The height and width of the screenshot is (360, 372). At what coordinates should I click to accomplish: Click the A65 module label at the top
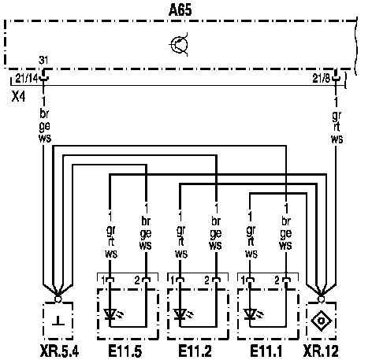(x=180, y=10)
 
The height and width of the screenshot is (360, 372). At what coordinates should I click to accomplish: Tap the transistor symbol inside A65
(x=180, y=45)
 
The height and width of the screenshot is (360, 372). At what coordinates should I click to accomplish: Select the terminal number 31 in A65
(x=43, y=61)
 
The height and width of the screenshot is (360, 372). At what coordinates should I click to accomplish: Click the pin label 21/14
(x=27, y=79)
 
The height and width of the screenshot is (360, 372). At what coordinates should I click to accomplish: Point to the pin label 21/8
(x=321, y=78)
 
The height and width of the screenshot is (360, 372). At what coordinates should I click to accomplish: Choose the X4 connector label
(x=18, y=97)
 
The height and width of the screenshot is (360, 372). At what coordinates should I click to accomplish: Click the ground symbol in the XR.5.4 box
(x=58, y=321)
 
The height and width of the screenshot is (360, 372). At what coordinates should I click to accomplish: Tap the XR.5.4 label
(x=60, y=351)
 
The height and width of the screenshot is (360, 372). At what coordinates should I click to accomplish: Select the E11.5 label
(x=125, y=351)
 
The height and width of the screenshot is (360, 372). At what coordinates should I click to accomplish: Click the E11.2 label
(x=195, y=351)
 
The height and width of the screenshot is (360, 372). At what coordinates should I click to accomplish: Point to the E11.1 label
(x=266, y=351)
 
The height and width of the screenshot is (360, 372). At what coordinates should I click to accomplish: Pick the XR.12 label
(x=321, y=351)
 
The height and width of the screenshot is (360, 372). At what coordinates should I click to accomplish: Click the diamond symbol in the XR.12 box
(x=321, y=321)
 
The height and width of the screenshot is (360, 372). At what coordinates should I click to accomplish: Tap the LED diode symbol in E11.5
(x=113, y=314)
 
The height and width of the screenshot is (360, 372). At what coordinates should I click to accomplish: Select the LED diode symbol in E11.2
(x=183, y=314)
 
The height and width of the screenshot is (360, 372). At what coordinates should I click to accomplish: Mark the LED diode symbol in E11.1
(x=252, y=314)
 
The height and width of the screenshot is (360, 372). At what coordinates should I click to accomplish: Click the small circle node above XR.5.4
(x=58, y=299)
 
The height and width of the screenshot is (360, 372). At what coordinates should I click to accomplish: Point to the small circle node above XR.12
(x=321, y=299)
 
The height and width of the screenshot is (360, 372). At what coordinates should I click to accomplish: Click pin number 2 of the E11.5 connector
(x=137, y=280)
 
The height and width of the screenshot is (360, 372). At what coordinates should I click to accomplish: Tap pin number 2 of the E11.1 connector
(x=277, y=280)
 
